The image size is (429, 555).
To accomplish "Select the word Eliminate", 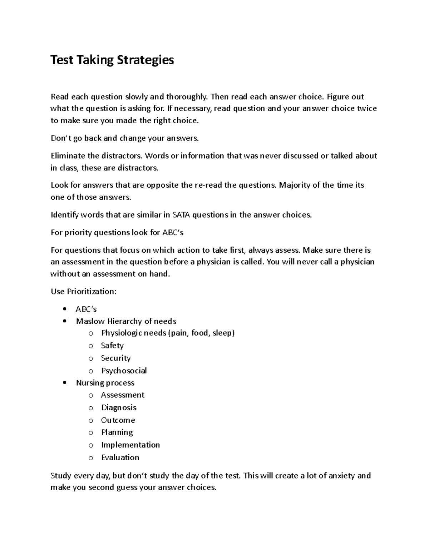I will coord(68,156).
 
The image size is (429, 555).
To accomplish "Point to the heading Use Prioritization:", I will coord(84,292).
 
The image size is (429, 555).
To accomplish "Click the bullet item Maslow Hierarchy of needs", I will coord(126,321).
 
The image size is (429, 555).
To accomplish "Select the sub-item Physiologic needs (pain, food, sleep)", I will coord(168,333).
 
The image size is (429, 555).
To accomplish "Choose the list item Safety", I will coord(112,346).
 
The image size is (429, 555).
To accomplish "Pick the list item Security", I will coord(116,358).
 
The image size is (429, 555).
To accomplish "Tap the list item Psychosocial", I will coord(124,371).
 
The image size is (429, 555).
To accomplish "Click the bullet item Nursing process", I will coord(105,383).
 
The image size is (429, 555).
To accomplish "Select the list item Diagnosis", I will coord(119,408).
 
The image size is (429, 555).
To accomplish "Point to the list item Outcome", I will coord(118,420).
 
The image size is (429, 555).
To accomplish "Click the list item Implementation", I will coord(130,445).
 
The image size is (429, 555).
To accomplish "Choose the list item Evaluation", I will coord(120,457).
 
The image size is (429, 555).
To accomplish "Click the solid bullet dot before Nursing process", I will coord(64,383).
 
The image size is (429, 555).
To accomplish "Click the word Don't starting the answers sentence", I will coord(61,138).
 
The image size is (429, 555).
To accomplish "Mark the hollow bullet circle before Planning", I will coord(91,433).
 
